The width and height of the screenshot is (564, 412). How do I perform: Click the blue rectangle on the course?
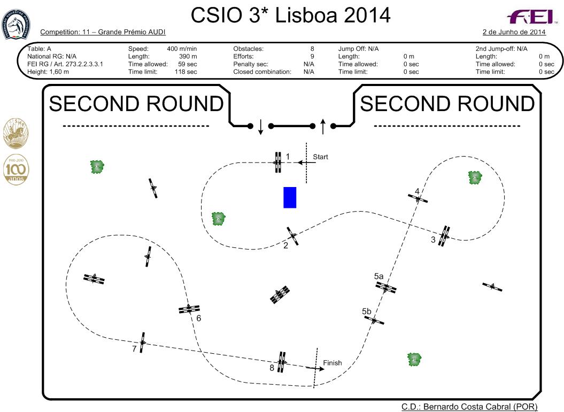(x=290, y=197)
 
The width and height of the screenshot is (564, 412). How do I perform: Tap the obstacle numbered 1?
(x=277, y=162)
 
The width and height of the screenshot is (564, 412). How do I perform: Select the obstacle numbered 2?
(x=292, y=236)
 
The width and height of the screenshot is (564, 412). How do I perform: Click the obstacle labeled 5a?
(x=386, y=287)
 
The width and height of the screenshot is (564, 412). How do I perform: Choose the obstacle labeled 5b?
(x=374, y=320)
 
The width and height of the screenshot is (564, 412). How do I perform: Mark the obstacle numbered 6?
(x=189, y=309)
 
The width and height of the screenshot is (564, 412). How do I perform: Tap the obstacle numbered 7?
(x=142, y=342)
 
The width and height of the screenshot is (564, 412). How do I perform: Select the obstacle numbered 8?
(x=282, y=362)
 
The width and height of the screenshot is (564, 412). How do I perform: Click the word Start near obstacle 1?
(x=320, y=157)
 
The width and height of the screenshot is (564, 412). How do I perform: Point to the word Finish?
(x=333, y=363)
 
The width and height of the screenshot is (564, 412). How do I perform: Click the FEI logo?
(x=531, y=17)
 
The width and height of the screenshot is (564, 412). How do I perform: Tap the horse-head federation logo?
(x=16, y=25)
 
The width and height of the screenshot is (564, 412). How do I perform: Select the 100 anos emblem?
(x=16, y=170)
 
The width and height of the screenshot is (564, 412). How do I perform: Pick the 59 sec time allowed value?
(x=188, y=64)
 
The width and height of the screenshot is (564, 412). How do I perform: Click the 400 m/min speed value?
(x=182, y=49)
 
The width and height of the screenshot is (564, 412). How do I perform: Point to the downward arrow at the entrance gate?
(x=260, y=127)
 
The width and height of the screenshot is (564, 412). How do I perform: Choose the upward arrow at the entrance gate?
(x=323, y=126)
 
